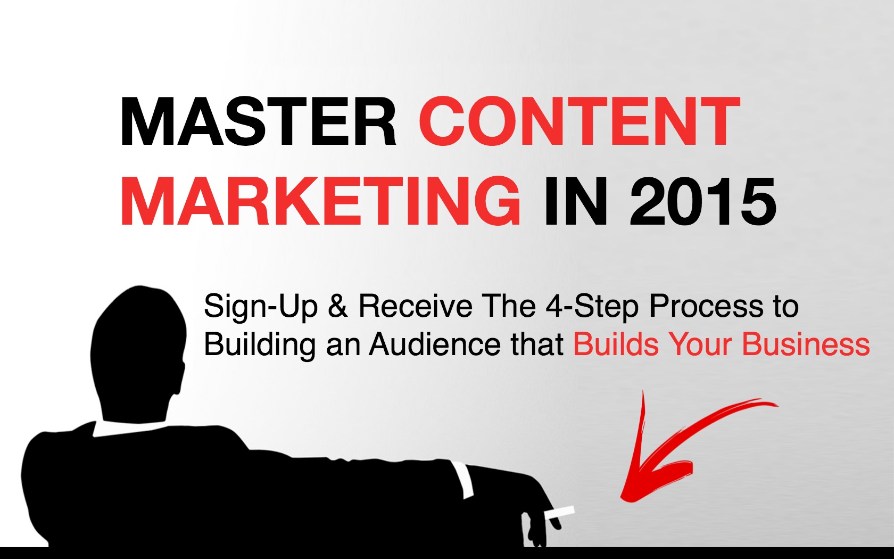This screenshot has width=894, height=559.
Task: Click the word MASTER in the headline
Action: point(258,121)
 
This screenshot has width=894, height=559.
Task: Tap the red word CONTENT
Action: point(580,121)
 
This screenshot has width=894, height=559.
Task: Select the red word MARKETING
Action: point(320,202)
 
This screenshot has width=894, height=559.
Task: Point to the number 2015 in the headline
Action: point(703,202)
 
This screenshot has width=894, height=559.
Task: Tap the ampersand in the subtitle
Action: point(338,306)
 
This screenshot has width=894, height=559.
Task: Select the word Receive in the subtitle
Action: point(416,306)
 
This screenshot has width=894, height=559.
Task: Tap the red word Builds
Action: point(616,344)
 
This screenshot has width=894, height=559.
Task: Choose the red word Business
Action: point(806,344)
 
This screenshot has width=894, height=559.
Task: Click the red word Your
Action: point(700,344)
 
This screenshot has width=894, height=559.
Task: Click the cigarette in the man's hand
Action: point(560,513)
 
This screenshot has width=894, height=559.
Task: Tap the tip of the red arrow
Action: point(621,497)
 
